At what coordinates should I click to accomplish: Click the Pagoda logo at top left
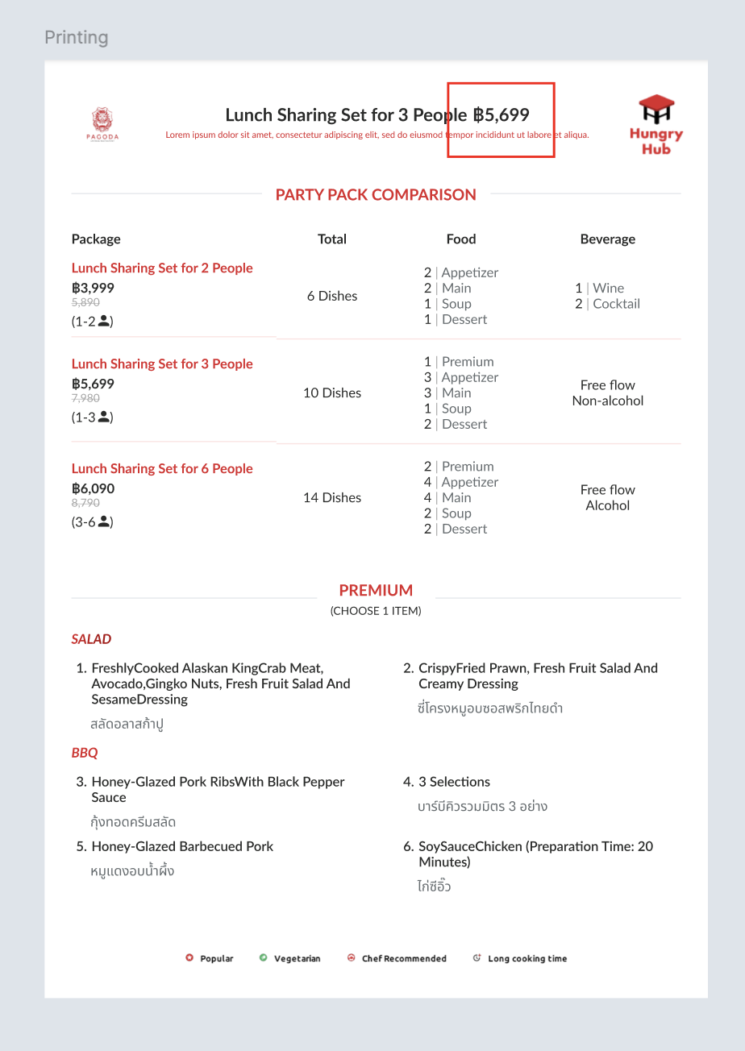[x=102, y=123]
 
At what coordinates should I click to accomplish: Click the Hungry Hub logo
[x=656, y=124]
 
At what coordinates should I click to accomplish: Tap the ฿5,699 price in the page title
[x=502, y=115]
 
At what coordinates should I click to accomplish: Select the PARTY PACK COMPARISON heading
[x=376, y=194]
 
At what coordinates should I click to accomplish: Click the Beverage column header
[x=607, y=239]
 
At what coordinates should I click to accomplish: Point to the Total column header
[x=331, y=239]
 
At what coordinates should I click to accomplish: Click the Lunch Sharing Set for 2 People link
[x=162, y=268]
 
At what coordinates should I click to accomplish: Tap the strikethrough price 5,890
[x=85, y=302]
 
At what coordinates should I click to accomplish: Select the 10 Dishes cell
[x=331, y=393]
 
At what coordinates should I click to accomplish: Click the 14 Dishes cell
[x=331, y=498]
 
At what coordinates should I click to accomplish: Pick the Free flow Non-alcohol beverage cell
[x=607, y=393]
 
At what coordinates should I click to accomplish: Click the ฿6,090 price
[x=93, y=488]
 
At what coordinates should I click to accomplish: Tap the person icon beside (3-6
[x=103, y=521]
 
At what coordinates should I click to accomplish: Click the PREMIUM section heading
[x=376, y=590]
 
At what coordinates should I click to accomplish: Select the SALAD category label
[x=91, y=639]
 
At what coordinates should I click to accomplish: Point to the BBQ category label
[x=85, y=753]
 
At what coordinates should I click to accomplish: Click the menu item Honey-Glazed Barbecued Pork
[x=182, y=846]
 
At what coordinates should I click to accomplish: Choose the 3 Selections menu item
[x=454, y=782]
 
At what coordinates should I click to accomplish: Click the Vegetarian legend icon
[x=264, y=958]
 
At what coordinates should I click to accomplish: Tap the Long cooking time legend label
[x=526, y=958]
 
